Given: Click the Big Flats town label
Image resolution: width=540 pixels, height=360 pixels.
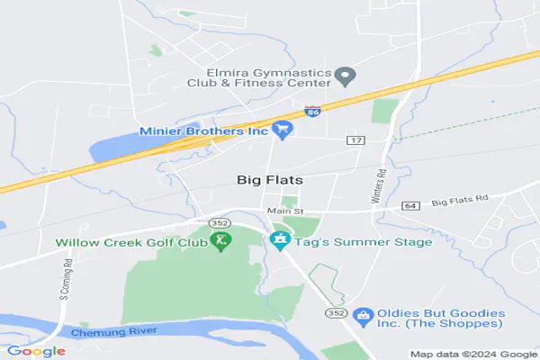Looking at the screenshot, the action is [x=270, y=180].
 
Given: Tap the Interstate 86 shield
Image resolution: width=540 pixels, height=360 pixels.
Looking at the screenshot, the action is [x=311, y=112].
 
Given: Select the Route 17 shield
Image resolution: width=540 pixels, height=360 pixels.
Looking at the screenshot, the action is [x=355, y=141].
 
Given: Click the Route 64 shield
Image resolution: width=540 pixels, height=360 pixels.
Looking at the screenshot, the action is [x=410, y=206].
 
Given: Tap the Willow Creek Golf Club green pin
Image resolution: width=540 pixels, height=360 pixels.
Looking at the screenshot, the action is [x=220, y=242].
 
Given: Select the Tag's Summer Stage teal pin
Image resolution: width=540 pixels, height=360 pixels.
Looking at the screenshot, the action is [x=279, y=242].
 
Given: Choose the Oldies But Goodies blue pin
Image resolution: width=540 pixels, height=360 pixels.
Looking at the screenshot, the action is [x=363, y=317].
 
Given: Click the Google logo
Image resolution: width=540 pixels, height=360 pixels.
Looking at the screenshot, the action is [x=35, y=351].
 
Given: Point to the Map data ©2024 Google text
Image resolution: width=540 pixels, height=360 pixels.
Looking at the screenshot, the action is [x=472, y=354].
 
